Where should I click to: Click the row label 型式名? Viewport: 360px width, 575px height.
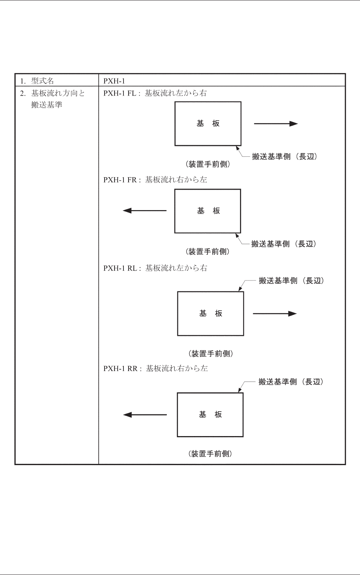(42, 81)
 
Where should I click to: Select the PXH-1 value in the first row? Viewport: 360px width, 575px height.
(114, 81)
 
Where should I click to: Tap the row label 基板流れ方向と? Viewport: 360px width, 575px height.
(58, 93)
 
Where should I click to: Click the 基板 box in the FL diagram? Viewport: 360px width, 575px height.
(208, 124)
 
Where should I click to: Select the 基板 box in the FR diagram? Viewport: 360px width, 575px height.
(208, 211)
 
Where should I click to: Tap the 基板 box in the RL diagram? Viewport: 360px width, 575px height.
(211, 313)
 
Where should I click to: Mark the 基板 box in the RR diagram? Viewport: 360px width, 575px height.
(210, 415)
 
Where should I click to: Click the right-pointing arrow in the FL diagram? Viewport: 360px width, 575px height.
(276, 124)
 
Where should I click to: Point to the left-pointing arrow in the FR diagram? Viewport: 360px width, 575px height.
(145, 211)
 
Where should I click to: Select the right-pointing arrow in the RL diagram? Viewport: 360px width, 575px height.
(275, 313)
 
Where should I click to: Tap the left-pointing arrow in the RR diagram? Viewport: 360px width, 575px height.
(145, 415)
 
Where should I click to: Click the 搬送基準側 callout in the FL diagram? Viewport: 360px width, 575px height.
(285, 157)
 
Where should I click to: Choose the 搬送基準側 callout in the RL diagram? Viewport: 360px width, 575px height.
(291, 281)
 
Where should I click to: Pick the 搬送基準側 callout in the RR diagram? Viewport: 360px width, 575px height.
(291, 382)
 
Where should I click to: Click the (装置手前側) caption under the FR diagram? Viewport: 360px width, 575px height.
(208, 252)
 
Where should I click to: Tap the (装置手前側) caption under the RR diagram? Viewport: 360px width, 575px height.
(210, 454)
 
